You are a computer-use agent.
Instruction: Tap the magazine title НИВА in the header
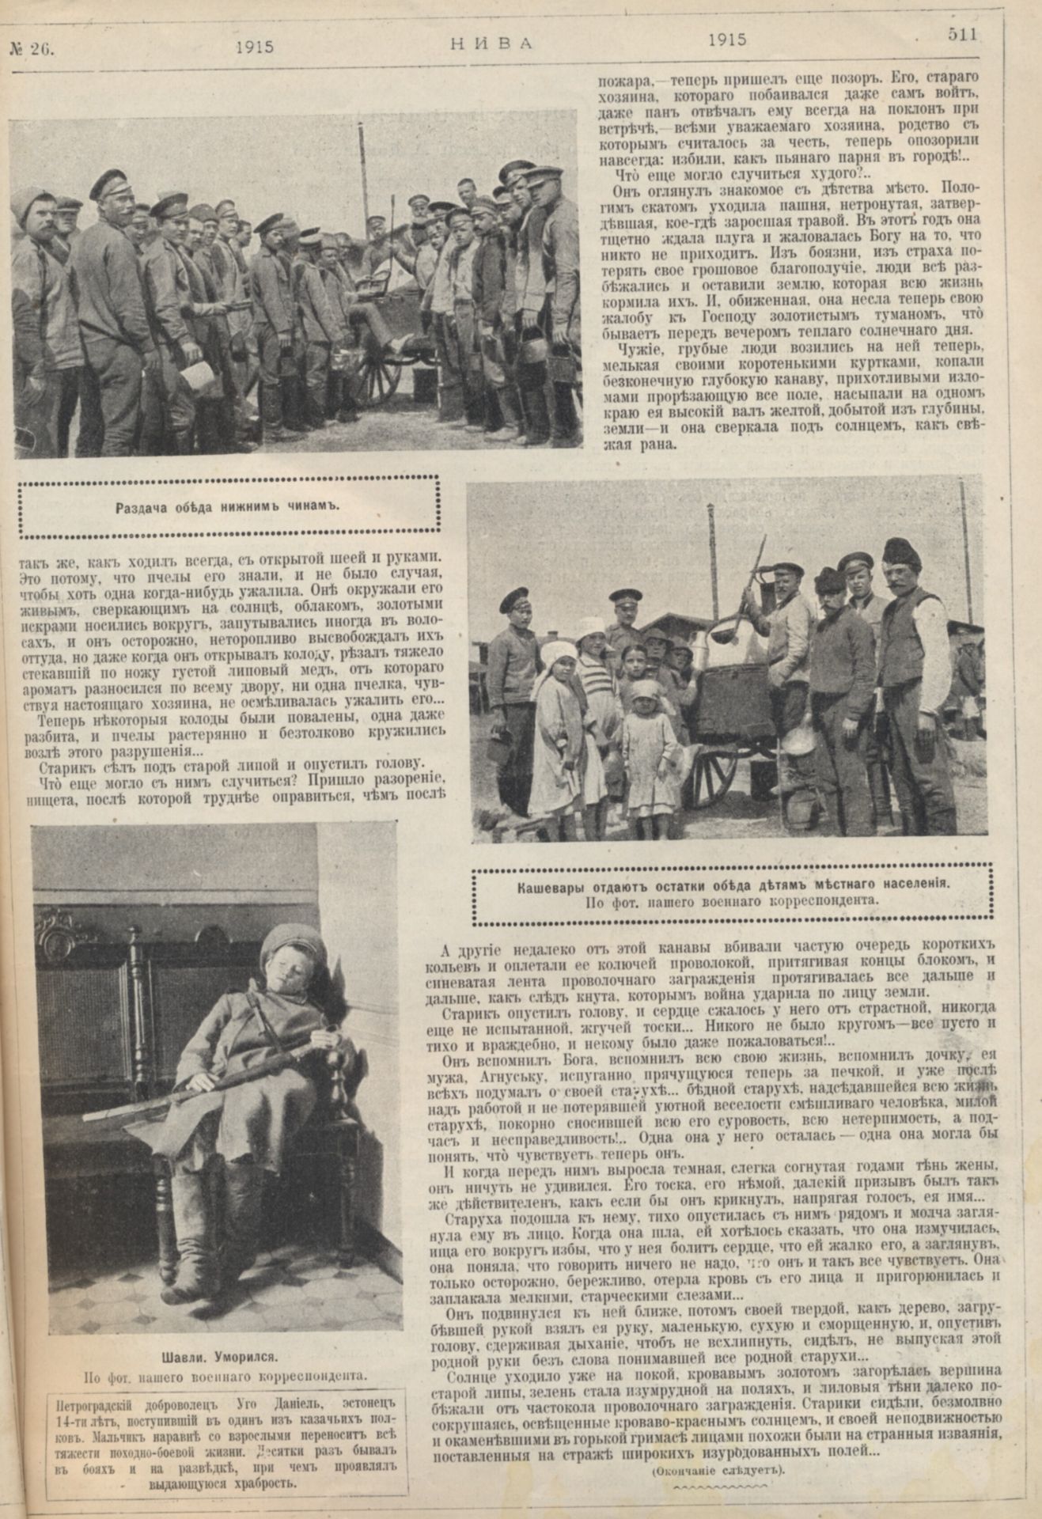pos(490,44)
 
